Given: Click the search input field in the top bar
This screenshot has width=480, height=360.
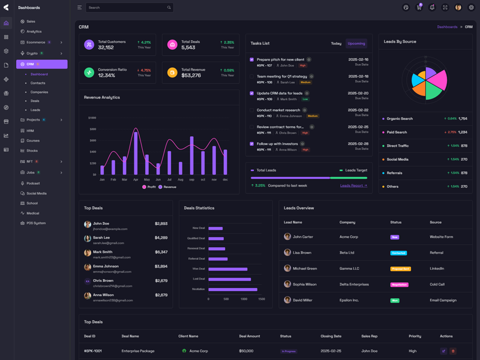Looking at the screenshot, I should (x=126, y=8).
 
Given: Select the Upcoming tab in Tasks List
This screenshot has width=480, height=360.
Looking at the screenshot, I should (x=356, y=43).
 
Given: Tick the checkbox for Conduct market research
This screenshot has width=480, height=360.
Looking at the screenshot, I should (x=252, y=110).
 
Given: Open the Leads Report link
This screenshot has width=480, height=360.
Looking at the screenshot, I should (x=353, y=185).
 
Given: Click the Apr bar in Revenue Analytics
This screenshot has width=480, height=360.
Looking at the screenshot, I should (x=136, y=153).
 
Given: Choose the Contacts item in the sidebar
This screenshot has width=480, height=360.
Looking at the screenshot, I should (x=38, y=83).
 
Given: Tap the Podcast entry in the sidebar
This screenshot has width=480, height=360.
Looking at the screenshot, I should (x=33, y=184).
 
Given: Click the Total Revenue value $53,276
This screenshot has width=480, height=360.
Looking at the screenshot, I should (x=191, y=76).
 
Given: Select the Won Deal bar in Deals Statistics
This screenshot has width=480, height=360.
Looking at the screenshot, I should (x=227, y=269).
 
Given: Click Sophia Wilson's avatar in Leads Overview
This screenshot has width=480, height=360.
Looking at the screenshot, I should (x=287, y=284).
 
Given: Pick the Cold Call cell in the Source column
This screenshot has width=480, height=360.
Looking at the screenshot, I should (x=437, y=284).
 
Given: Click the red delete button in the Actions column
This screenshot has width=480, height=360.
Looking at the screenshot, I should (x=453, y=351).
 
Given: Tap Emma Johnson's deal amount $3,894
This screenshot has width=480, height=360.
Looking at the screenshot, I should (x=161, y=266).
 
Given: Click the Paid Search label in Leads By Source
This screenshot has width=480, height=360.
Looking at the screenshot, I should (x=397, y=132).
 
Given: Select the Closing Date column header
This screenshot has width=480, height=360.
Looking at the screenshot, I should (x=331, y=336).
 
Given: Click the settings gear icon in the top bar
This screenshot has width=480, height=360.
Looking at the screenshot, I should (x=471, y=8).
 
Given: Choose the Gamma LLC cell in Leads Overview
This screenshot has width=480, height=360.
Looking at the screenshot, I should (x=349, y=269).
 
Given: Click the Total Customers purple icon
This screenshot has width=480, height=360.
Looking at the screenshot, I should (x=89, y=45).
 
